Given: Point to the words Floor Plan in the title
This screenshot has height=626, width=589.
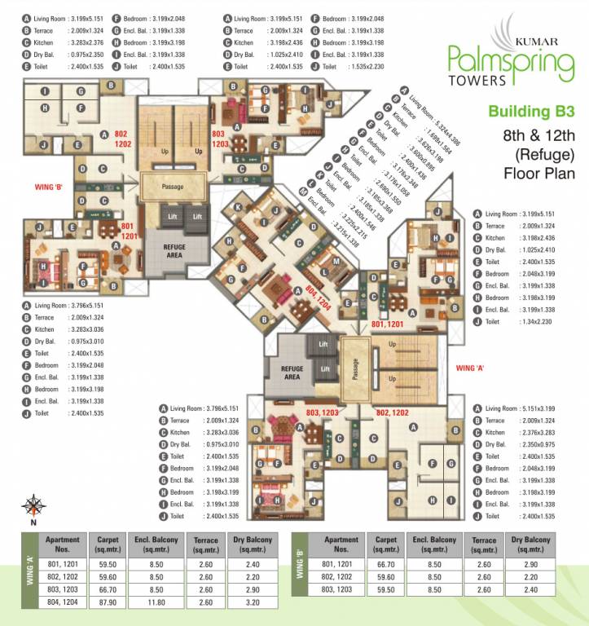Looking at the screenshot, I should [538, 173].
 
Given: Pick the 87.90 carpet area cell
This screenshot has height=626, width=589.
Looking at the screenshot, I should [108, 604].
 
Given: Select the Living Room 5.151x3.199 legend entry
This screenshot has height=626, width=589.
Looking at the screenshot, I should [519, 408].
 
